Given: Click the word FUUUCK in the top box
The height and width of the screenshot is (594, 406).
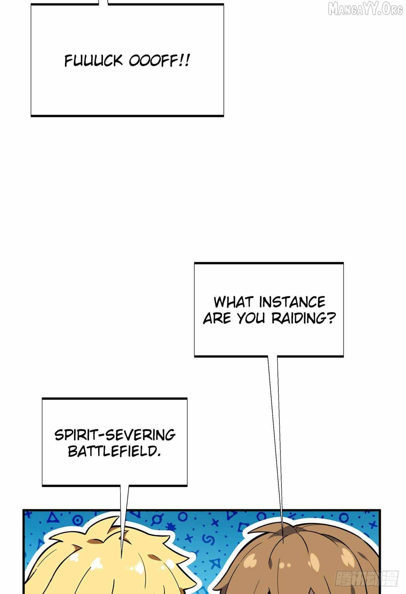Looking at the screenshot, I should coord(93,61).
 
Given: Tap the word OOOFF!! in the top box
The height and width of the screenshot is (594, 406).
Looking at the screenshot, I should coord(159,61).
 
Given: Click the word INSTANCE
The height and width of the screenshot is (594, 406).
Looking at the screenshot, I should coord(292,302).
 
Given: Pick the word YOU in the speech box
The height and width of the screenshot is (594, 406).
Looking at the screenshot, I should coord(250,318).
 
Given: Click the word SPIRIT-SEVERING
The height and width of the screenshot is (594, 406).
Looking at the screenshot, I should coord(115,435).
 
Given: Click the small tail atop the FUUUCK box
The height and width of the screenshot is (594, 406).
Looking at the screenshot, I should coord(104,2).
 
